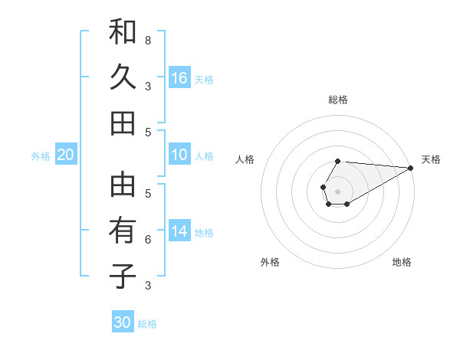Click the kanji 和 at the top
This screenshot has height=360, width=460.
click(123, 32)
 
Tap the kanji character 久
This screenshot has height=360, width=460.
click(123, 77)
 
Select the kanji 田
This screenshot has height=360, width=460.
click(123, 123)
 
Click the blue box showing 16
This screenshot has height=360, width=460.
click(179, 78)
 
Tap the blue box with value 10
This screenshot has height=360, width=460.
click(179, 155)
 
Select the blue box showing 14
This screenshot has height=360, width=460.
click(179, 232)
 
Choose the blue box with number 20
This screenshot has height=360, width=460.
click(65, 155)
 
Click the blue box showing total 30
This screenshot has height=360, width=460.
click(123, 322)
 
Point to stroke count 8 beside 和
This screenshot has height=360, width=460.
click(147, 40)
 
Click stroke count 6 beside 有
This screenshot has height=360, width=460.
click(147, 239)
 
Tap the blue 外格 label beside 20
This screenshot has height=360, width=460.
click(41, 156)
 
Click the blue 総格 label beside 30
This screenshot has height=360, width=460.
click(147, 324)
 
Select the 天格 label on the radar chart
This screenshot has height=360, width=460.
click(431, 159)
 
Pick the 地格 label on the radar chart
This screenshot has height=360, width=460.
click(402, 262)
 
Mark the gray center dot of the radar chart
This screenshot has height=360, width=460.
click(338, 191)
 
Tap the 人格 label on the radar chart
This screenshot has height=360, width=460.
click(245, 159)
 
